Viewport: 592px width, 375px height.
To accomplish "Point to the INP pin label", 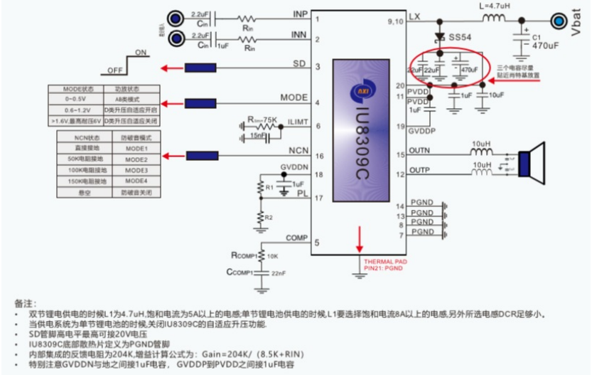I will tap(300, 14).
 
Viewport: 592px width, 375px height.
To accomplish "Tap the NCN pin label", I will tap(298, 151).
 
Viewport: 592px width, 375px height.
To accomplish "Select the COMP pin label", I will tap(296, 238).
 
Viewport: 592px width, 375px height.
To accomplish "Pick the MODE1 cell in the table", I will tap(136, 149).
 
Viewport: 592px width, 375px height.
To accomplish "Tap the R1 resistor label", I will tap(270, 186).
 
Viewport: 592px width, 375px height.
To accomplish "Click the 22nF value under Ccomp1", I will tap(279, 273).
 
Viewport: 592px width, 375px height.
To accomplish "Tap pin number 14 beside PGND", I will tap(401, 206).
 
